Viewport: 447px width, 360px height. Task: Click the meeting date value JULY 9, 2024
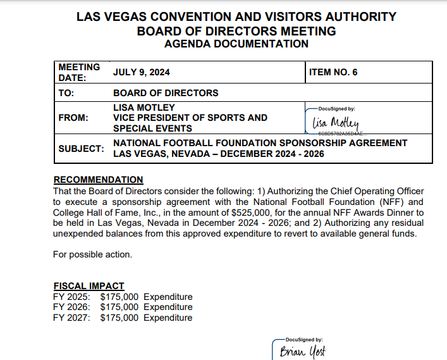coord(142,72)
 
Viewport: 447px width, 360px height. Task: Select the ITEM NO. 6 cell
coord(333,72)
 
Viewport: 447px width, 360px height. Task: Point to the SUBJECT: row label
coord(81,149)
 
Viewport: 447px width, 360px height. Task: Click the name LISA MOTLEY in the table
coord(144,108)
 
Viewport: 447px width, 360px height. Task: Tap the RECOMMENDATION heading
coord(98,180)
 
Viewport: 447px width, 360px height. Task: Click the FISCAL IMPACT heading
coord(89,286)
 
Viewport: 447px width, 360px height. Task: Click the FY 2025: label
coord(71,297)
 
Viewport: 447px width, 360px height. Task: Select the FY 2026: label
coord(71,307)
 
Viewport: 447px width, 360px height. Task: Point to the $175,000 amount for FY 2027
coord(119,318)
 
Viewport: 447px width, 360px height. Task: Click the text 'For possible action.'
coord(92,255)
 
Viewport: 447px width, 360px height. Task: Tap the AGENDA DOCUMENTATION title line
coord(236,44)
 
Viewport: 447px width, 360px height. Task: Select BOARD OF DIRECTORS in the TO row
coord(166,93)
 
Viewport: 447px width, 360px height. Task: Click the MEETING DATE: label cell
coord(79,72)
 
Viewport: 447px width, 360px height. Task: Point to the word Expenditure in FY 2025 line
coord(168,297)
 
